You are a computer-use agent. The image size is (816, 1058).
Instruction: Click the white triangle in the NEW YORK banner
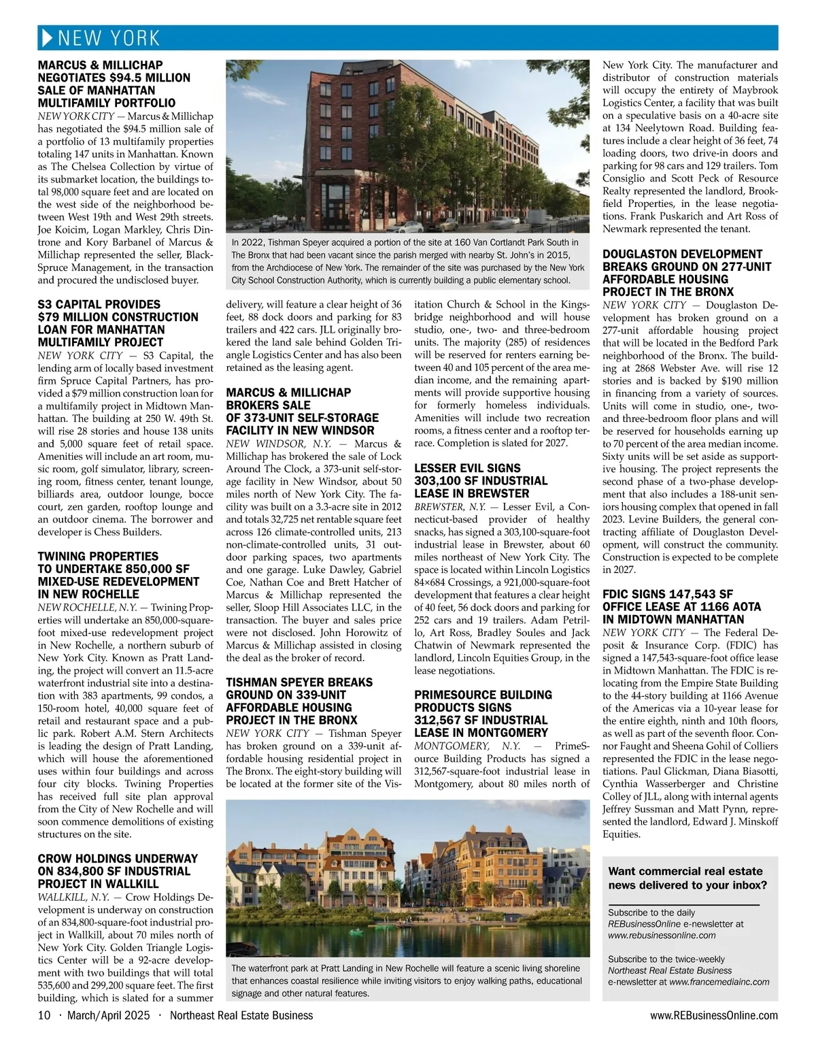point(47,38)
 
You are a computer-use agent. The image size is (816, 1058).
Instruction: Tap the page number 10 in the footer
point(44,1015)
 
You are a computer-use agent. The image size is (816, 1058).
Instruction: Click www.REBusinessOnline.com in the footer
point(713,1015)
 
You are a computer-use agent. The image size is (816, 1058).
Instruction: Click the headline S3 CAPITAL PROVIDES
point(99,304)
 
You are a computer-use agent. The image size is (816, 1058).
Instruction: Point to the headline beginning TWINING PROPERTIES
point(98,556)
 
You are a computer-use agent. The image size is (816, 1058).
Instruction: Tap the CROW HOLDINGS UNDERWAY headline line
point(118,859)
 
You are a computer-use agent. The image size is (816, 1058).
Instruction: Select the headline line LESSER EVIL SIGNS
point(467,468)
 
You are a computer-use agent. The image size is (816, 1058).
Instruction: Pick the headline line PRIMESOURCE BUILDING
point(483,695)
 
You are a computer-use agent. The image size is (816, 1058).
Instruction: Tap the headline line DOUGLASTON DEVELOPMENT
point(683,254)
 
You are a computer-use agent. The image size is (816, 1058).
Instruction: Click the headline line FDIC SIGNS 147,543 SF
point(668,594)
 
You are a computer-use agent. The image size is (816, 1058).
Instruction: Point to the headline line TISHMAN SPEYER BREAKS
point(299,682)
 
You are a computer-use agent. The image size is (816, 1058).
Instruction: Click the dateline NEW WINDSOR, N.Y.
point(275,444)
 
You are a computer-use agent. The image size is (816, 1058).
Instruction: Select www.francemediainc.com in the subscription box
point(719,982)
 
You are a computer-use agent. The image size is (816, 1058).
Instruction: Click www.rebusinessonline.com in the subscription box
point(662,935)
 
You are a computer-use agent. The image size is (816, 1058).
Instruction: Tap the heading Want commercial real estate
point(685,871)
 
